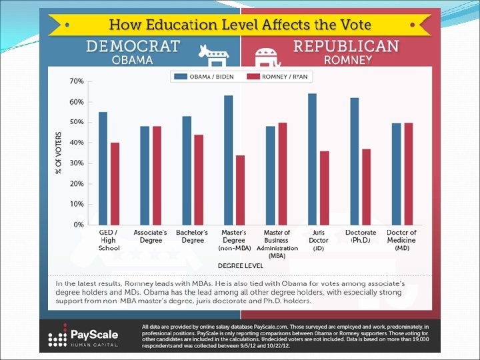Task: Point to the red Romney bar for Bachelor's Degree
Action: pyautogui.click(x=199, y=179)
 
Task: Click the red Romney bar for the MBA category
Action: pyautogui.click(x=282, y=173)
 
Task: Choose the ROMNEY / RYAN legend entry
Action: pyautogui.click(x=281, y=76)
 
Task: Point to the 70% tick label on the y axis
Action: pyautogui.click(x=76, y=81)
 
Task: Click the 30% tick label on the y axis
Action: pyautogui.click(x=76, y=163)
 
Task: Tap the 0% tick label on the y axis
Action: pyautogui.click(x=78, y=225)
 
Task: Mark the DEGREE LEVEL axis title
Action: pyautogui.click(x=236, y=265)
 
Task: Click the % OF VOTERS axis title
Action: pyautogui.click(x=59, y=153)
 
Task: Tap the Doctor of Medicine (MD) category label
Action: pyautogui.click(x=401, y=240)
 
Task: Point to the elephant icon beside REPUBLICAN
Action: pyautogui.click(x=267, y=54)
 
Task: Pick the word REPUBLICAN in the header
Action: pyautogui.click(x=346, y=46)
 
